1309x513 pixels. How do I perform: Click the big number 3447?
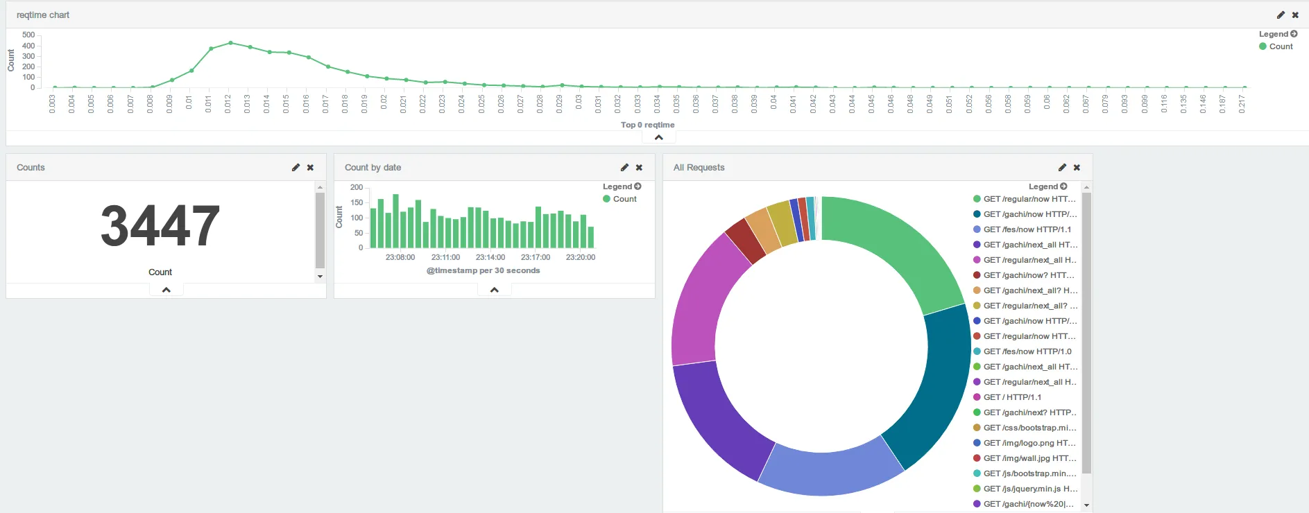point(160,226)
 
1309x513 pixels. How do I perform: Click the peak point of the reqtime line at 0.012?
point(230,43)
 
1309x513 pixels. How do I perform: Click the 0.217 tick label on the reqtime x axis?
point(1242,105)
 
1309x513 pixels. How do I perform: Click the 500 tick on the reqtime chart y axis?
point(28,35)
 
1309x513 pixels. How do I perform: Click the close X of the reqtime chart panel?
point(1295,15)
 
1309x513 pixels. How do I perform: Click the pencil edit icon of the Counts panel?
point(296,167)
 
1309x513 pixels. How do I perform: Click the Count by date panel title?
point(373,167)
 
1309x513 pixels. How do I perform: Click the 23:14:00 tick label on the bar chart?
point(490,257)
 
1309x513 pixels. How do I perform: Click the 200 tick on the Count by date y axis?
point(357,187)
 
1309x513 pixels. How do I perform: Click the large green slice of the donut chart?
point(895,243)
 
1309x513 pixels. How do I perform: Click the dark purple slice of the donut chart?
point(715,423)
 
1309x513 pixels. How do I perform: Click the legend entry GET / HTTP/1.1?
point(1012,397)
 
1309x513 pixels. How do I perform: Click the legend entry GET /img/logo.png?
point(1029,443)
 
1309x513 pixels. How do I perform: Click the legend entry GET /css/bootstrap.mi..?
point(1029,428)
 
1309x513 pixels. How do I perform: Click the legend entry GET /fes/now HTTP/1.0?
point(1027,351)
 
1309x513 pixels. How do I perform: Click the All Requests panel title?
point(699,167)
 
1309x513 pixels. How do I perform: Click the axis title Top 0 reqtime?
point(647,125)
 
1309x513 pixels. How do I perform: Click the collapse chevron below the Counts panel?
point(166,290)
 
